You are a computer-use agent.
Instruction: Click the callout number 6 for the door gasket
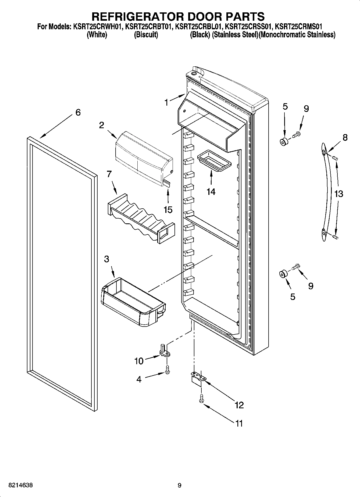tap(78, 112)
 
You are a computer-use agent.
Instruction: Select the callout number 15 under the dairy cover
tap(168, 209)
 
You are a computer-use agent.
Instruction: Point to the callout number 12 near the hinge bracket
tap(239, 405)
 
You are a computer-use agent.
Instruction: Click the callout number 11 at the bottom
tap(239, 423)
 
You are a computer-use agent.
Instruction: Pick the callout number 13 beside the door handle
tap(339, 194)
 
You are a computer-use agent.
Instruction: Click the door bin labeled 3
tap(133, 298)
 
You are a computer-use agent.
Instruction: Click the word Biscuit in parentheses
tap(146, 35)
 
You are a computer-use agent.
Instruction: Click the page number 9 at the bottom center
tap(180, 485)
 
